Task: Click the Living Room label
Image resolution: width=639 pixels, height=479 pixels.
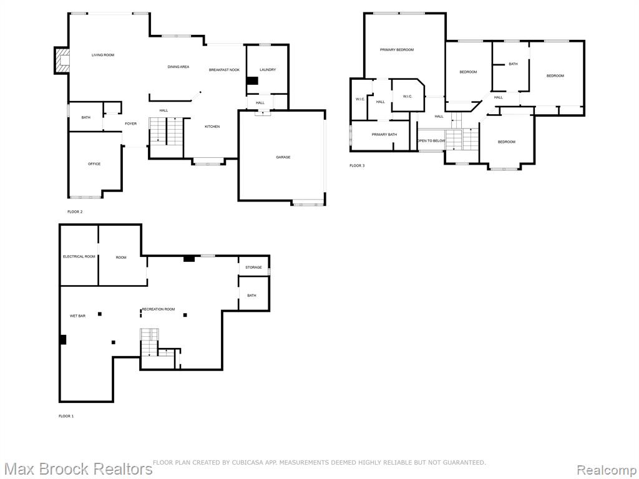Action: (103, 55)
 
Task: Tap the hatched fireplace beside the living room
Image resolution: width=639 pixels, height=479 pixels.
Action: (62, 60)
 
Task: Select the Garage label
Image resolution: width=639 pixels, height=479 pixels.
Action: (283, 157)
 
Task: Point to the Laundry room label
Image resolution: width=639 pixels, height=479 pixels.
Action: (268, 70)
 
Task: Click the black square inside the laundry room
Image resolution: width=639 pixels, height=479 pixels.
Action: (253, 81)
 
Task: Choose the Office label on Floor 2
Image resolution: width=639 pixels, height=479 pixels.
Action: (94, 164)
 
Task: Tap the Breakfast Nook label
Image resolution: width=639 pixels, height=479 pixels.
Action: (224, 70)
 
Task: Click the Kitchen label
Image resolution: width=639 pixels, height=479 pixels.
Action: (212, 127)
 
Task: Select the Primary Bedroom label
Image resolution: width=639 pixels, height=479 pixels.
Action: (397, 50)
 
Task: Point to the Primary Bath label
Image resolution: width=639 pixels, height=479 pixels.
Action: (384, 135)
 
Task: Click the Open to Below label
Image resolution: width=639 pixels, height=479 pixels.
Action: (432, 141)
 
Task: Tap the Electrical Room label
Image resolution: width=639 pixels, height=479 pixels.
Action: (79, 256)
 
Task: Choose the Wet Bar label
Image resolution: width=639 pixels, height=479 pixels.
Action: (78, 316)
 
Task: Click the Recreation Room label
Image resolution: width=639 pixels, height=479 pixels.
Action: (159, 309)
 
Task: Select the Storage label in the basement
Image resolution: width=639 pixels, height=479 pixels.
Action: (253, 268)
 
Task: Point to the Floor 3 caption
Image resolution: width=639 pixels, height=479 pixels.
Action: (357, 166)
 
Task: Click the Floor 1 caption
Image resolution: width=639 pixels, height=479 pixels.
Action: (66, 416)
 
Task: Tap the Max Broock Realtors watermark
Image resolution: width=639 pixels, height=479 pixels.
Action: (78, 469)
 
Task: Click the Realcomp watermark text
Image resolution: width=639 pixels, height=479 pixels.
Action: (607, 470)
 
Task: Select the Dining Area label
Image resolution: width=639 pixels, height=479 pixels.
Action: (178, 67)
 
